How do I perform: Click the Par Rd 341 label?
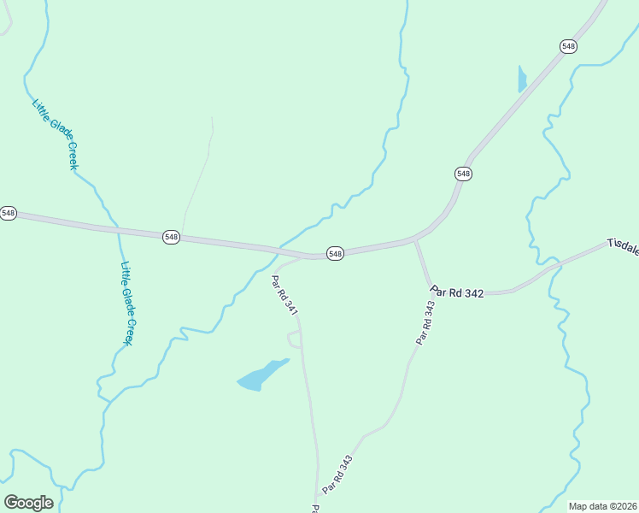coord(284,295)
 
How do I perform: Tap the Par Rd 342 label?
coord(458,292)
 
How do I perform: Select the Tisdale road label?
coord(624,246)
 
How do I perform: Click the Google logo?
coord(28,502)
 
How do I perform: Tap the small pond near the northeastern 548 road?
coord(522,79)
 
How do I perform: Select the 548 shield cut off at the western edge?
coord(8,213)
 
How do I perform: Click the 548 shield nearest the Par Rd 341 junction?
coord(335,254)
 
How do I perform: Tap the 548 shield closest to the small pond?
coord(568,45)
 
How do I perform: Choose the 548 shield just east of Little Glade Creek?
coord(171,237)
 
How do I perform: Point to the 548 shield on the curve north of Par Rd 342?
coord(463,174)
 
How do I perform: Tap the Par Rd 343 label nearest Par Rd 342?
coord(425,322)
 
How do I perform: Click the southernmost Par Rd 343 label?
coord(337,475)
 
